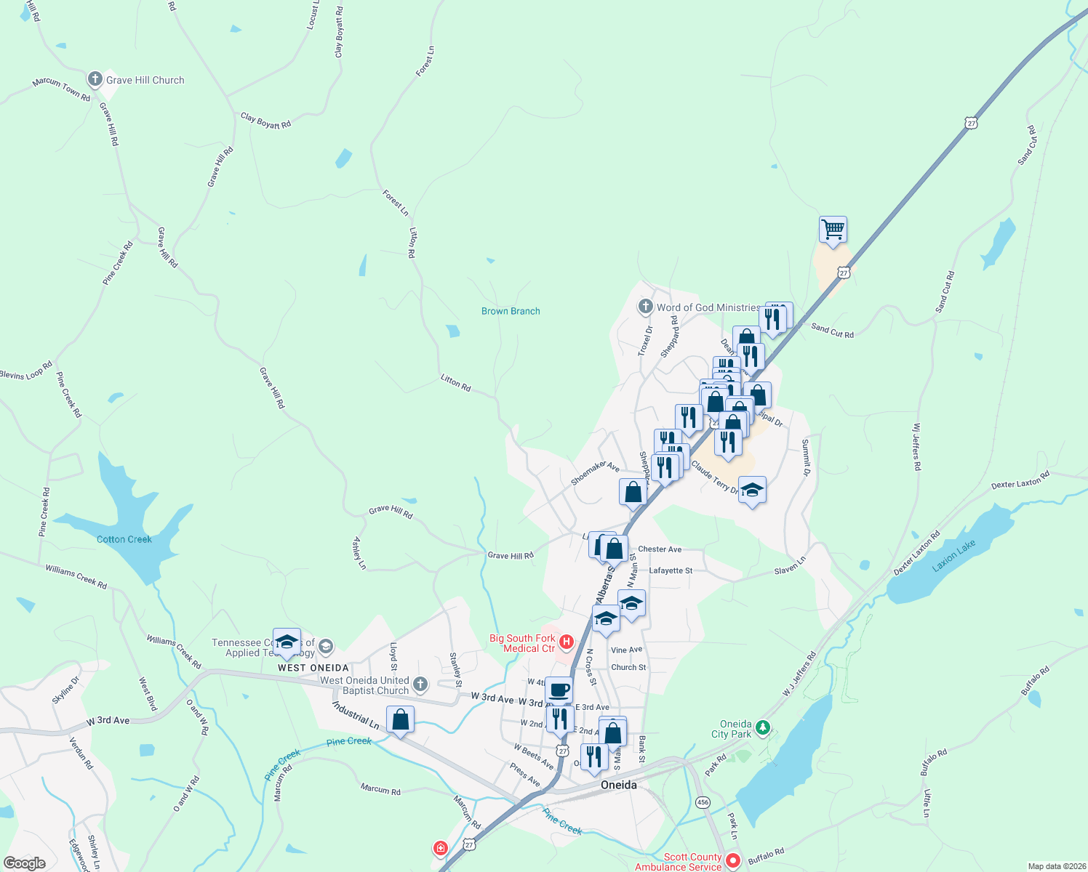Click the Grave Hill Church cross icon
pyautogui.click(x=95, y=79)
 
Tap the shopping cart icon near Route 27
pyautogui.click(x=833, y=230)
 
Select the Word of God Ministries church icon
pyautogui.click(x=645, y=307)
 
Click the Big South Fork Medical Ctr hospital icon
pyautogui.click(x=566, y=642)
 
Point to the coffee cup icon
pyautogui.click(x=559, y=690)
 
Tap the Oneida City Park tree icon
pyautogui.click(x=762, y=727)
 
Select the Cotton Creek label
pyautogui.click(x=124, y=539)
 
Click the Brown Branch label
pyautogui.click(x=511, y=311)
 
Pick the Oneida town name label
pyautogui.click(x=619, y=785)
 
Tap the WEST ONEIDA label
pyautogui.click(x=313, y=668)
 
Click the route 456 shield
pyautogui.click(x=703, y=802)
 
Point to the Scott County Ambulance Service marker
pyautogui.click(x=733, y=861)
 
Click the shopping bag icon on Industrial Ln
pyautogui.click(x=400, y=719)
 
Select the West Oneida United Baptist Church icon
pyautogui.click(x=420, y=684)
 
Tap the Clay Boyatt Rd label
pyautogui.click(x=265, y=121)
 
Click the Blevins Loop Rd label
pyautogui.click(x=26, y=371)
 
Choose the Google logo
pyautogui.click(x=24, y=863)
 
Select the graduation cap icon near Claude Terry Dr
pyautogui.click(x=752, y=490)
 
